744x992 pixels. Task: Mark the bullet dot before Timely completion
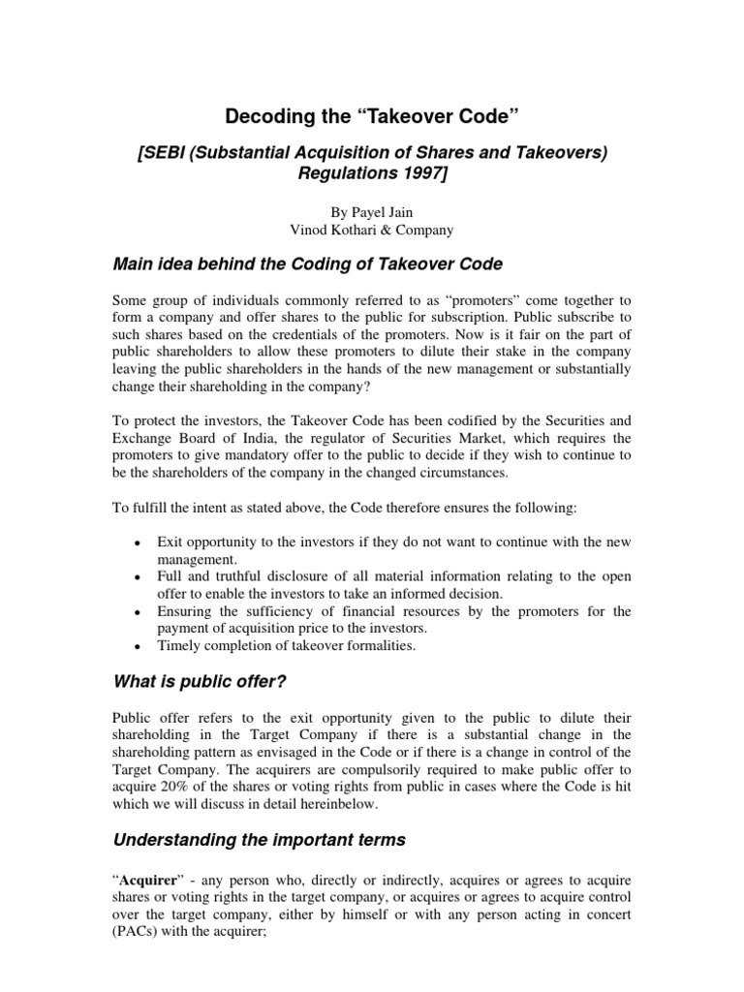point(142,646)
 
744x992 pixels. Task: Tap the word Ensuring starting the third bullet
point(186,611)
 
